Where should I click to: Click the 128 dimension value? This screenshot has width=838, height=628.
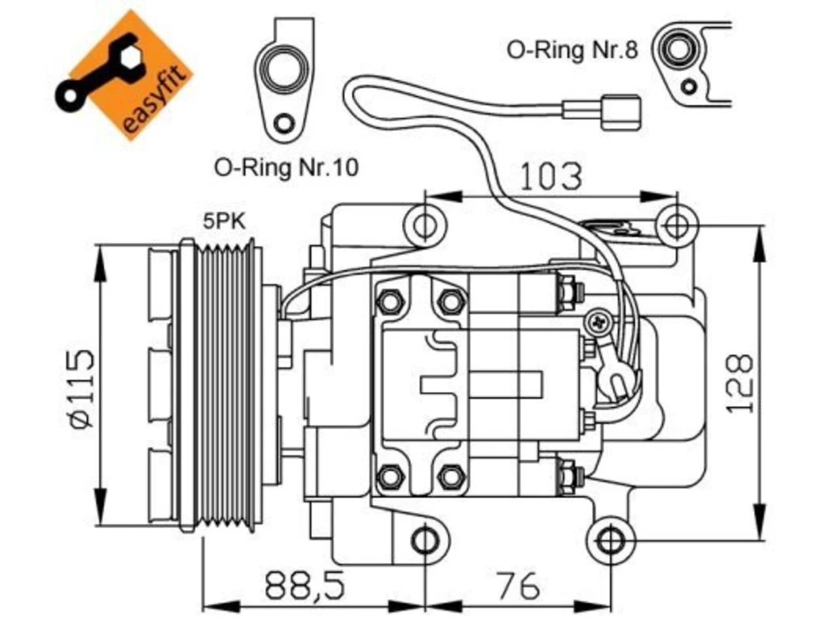pos(739,383)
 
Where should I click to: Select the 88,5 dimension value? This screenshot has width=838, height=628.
pos(304,585)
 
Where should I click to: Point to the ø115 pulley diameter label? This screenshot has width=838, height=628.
pos(80,387)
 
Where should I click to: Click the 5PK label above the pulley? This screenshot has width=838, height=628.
pos(224,221)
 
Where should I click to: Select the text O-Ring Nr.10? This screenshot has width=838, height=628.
pos(286,167)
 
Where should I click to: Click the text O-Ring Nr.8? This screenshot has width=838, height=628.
pos(572,50)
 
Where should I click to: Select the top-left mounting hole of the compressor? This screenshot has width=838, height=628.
pos(424,225)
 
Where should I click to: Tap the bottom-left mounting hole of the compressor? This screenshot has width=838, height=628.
pos(425,541)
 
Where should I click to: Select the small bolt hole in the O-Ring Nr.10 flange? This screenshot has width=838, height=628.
pos(285,123)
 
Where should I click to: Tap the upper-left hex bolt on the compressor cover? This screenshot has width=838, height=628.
pos(389,302)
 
